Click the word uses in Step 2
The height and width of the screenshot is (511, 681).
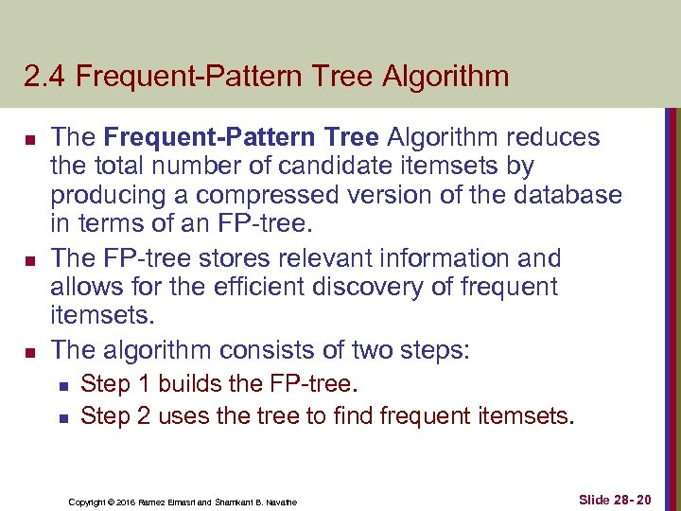pyautogui.click(x=183, y=414)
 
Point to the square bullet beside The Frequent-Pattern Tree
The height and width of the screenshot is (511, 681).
pyautogui.click(x=29, y=138)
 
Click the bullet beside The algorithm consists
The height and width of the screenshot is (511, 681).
pyautogui.click(x=29, y=350)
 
